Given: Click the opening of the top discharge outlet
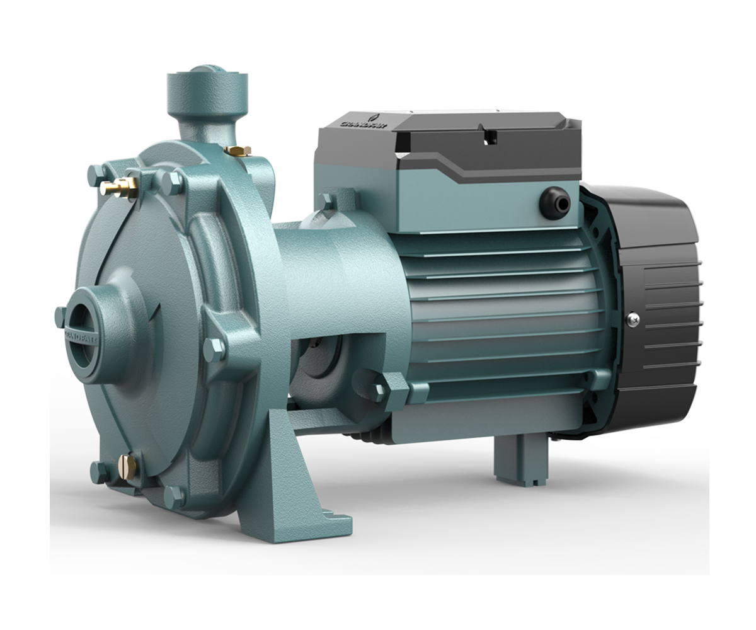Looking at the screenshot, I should [x=207, y=71].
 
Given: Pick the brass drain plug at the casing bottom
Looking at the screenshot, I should [x=127, y=466].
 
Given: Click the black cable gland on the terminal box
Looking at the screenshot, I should [x=555, y=203].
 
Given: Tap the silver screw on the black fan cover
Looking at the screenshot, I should [x=633, y=319].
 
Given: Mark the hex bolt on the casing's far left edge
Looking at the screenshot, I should [x=60, y=315].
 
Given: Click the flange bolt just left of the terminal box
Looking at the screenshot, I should [x=326, y=202].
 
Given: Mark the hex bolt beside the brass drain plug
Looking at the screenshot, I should [x=101, y=471].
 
